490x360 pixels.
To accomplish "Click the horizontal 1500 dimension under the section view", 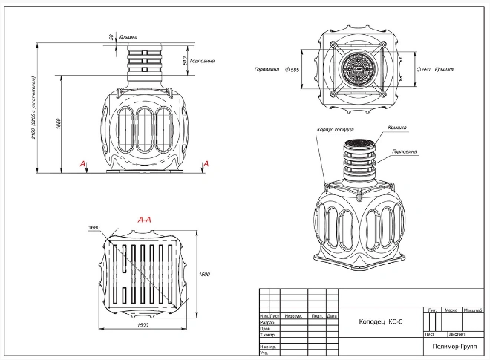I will [x=143, y=325].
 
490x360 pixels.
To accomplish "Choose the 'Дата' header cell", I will [x=332, y=315].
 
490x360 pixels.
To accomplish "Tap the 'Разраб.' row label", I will [x=267, y=323].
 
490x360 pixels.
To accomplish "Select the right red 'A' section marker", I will [x=206, y=163].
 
